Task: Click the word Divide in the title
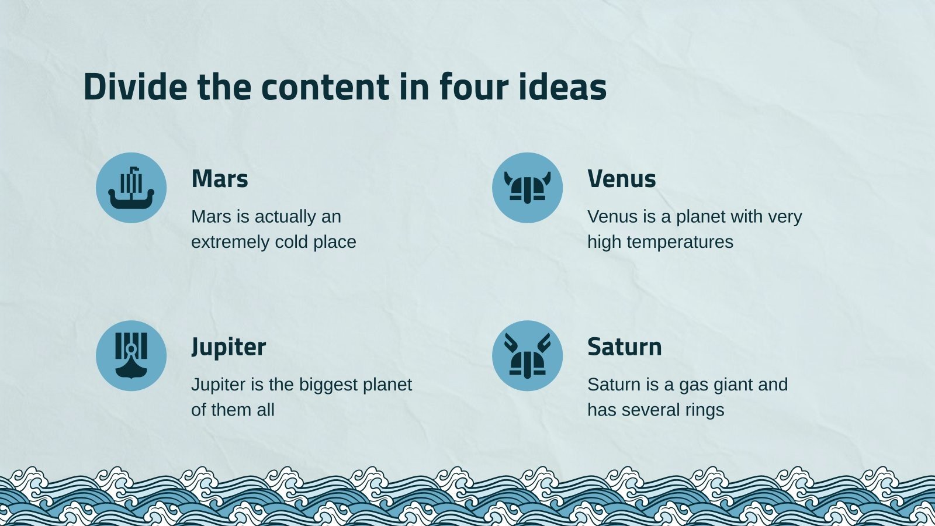[135, 86]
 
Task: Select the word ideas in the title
[563, 86]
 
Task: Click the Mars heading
[220, 179]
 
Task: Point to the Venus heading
[622, 179]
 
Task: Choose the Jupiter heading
[228, 347]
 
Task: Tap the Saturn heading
[625, 347]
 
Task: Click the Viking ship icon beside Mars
[131, 188]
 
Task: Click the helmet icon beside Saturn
[527, 356]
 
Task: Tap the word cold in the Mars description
[292, 242]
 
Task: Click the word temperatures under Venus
[680, 243]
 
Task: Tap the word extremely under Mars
[230, 243]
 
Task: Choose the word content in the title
[325, 86]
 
